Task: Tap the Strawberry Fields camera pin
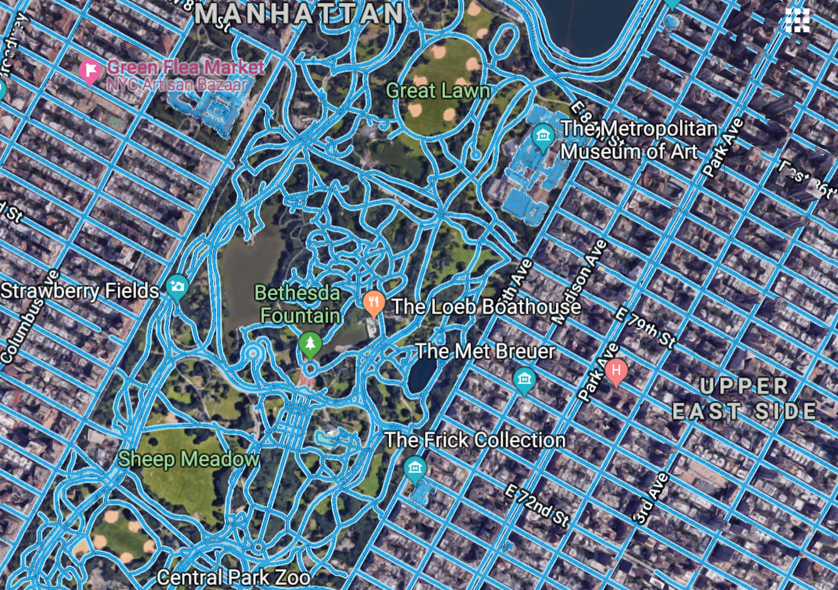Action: pos(177,287)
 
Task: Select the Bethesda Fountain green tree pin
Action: pos(310,344)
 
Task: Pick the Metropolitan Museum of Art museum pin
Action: pos(543,136)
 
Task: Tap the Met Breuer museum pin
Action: pos(524,380)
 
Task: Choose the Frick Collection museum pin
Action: pos(415,468)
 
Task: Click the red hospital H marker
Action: pos(616,372)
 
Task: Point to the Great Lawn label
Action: pos(438,91)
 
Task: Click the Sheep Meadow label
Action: pos(188,458)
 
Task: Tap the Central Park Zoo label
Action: pos(233,577)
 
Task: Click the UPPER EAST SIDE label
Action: pos(744,399)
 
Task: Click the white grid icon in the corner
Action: pos(797,20)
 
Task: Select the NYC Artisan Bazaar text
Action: pos(176,85)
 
